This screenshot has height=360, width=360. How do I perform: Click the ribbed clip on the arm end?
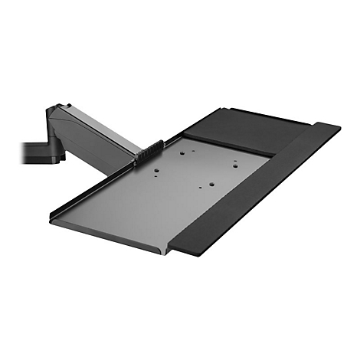148,151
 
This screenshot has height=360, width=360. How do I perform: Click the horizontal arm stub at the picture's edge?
31,146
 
